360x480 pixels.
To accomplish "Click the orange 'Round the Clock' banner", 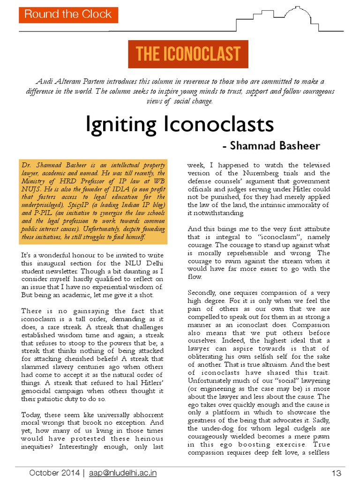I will (x=68, y=14).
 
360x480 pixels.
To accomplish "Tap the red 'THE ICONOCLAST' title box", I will (x=188, y=54).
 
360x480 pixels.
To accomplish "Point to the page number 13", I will (x=336, y=473).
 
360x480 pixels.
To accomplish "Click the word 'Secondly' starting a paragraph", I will (x=203, y=293).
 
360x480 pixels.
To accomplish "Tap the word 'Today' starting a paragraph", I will (x=32, y=415).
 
